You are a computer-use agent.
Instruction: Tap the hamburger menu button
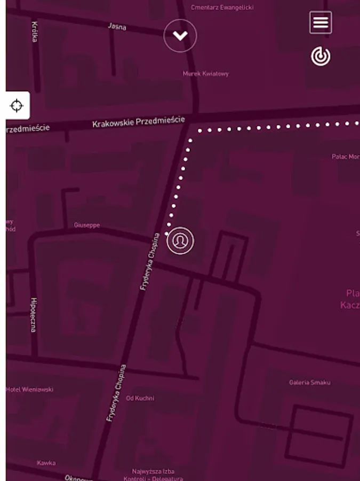321,22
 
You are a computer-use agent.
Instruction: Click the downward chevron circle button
180,36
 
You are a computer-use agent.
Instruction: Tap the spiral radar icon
321,56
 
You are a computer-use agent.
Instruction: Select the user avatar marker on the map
180,241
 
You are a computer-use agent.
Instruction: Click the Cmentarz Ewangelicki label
222,7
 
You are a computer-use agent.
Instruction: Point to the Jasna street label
117,26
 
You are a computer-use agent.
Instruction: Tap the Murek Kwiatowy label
205,74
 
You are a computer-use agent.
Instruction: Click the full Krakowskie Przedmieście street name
138,122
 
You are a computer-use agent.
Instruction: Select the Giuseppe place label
87,225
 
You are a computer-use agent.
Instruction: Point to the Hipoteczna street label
34,315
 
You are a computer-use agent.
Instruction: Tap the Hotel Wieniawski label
30,390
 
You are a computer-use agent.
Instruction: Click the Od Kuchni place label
140,398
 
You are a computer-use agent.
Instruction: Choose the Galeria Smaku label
309,383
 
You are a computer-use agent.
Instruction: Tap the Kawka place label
46,463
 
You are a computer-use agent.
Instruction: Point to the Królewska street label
35,32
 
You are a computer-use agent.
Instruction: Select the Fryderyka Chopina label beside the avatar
149,262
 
